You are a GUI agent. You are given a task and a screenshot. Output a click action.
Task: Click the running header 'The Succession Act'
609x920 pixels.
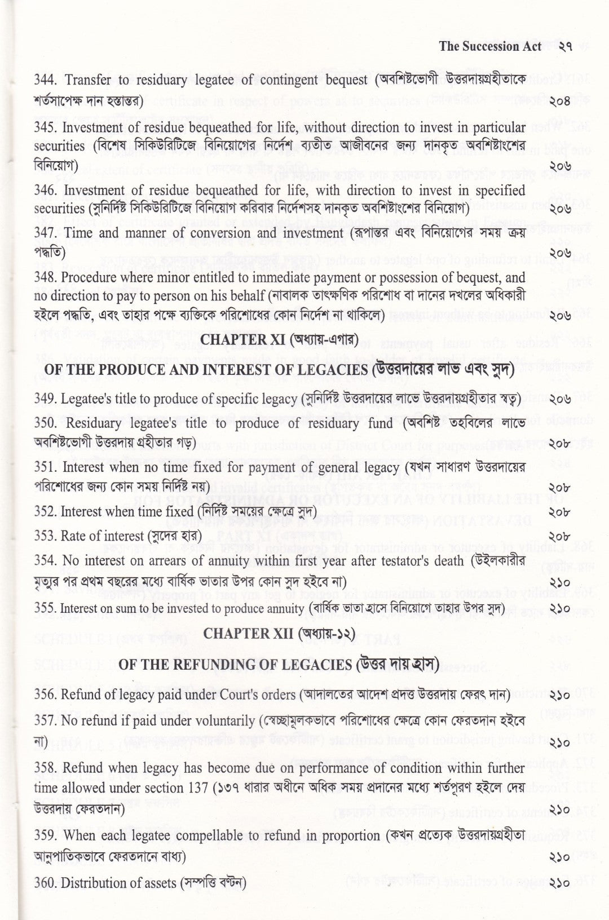[490, 46]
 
